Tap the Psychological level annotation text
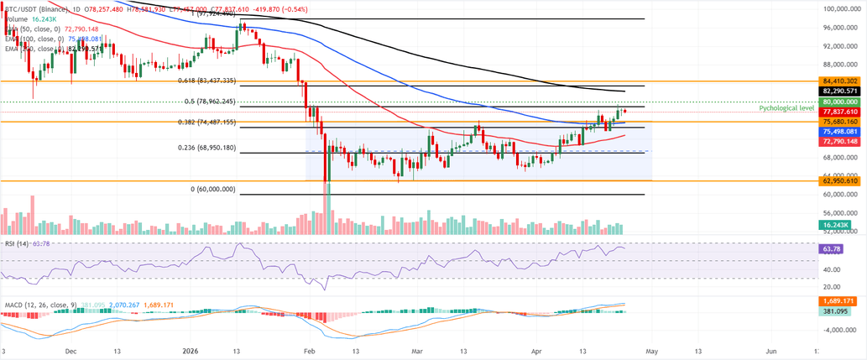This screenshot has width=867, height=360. point(786,109)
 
